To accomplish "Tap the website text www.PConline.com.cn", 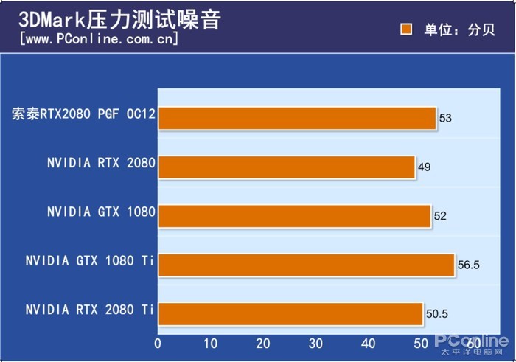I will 100,39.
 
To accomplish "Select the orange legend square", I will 405,29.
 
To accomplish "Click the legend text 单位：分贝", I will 449,29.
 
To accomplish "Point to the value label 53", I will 445,118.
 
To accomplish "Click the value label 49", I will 424,167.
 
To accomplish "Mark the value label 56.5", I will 467,265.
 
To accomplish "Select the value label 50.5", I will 436,315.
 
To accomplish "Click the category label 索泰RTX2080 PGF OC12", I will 83,114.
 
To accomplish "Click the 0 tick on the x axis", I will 158,344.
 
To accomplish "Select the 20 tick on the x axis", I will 263,344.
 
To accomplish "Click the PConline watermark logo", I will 471,342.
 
